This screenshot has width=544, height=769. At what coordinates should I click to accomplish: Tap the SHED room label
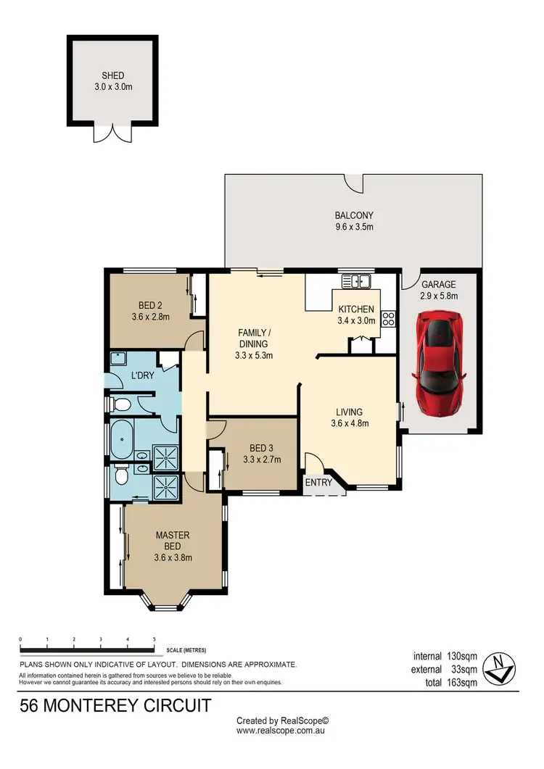(x=112, y=75)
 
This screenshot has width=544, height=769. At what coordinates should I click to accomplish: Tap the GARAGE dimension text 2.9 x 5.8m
(x=439, y=296)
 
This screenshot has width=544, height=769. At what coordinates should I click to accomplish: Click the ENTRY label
(x=318, y=483)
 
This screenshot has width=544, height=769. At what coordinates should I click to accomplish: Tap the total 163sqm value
(x=462, y=682)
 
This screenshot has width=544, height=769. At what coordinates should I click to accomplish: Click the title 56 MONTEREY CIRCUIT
(x=115, y=705)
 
